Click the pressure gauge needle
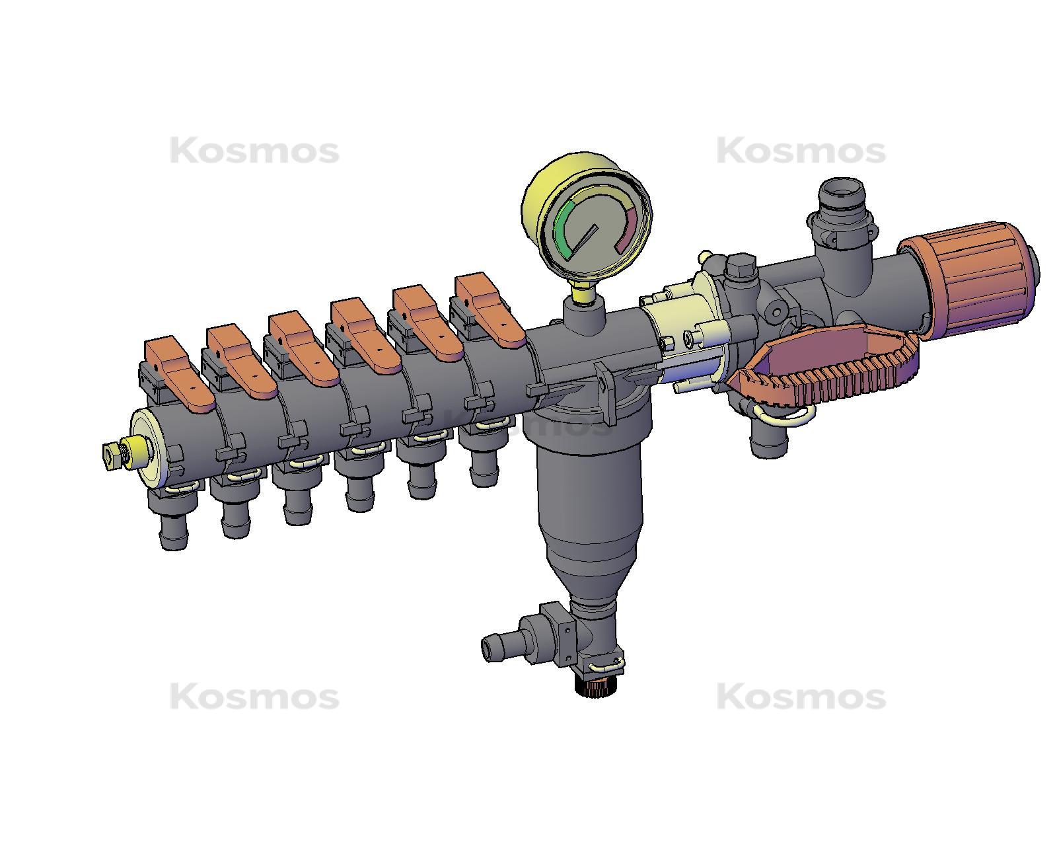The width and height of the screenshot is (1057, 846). click(584, 240)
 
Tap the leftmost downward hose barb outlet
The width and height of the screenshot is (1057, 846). click(173, 529)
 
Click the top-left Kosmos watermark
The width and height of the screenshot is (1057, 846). click(254, 151)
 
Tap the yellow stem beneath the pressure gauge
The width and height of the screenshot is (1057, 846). click(581, 290)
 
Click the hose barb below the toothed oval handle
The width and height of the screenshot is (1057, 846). click(769, 440)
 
